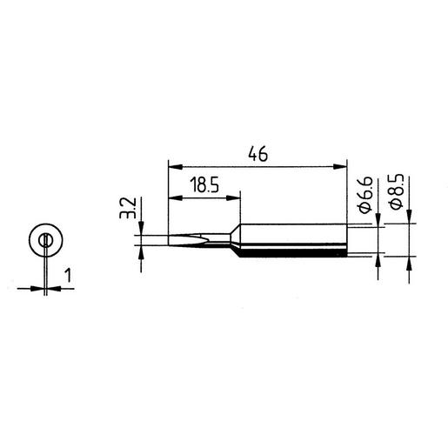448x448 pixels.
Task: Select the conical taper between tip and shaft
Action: click(x=236, y=239)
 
